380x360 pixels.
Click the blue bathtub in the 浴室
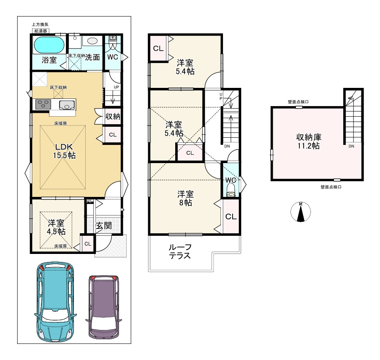tap(49, 45)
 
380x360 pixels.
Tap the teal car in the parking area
tap(55, 302)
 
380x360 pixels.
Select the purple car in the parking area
tap(104, 307)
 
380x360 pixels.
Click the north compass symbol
tap(301, 212)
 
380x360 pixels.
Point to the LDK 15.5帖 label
tap(64, 151)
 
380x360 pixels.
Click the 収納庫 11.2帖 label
tap(309, 142)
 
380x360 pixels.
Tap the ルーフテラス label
tap(180, 251)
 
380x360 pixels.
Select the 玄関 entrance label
tap(104, 226)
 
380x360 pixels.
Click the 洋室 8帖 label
tap(185, 198)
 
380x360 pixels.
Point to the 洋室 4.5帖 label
tap(56, 227)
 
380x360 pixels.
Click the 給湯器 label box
tap(41, 31)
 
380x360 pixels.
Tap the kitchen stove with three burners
tap(43, 104)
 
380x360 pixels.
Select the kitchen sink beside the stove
tap(68, 105)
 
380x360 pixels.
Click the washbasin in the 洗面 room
tap(92, 41)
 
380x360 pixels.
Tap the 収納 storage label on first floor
tap(113, 117)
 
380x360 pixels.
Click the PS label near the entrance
tap(89, 201)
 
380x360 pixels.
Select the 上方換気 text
tap(40, 25)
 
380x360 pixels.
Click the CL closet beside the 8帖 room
tap(231, 216)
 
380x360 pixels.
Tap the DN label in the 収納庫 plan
tap(351, 146)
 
